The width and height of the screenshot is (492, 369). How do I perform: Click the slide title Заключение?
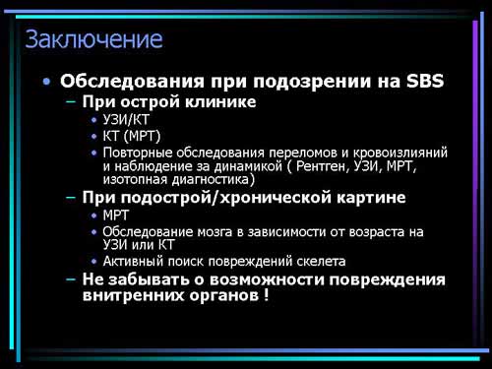[93, 39]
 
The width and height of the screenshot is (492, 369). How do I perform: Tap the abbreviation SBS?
[425, 81]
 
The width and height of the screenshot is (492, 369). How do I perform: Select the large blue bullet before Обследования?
[47, 81]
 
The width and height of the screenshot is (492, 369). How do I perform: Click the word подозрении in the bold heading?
[313, 82]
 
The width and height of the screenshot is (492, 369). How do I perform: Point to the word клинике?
[220, 101]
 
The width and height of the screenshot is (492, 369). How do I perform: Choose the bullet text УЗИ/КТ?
[126, 120]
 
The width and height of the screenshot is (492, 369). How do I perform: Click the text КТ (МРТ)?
[132, 136]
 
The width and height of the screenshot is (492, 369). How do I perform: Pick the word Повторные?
[138, 153]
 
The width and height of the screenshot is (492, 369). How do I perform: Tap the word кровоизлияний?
[400, 153]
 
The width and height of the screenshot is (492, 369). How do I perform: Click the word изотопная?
[131, 180]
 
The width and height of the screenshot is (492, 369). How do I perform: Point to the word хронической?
[275, 198]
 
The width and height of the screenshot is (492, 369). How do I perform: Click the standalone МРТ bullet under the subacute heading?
[115, 215]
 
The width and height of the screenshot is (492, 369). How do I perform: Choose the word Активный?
[133, 262]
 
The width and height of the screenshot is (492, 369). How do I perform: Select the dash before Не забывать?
[71, 279]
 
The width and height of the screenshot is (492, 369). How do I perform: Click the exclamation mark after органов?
[266, 295]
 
